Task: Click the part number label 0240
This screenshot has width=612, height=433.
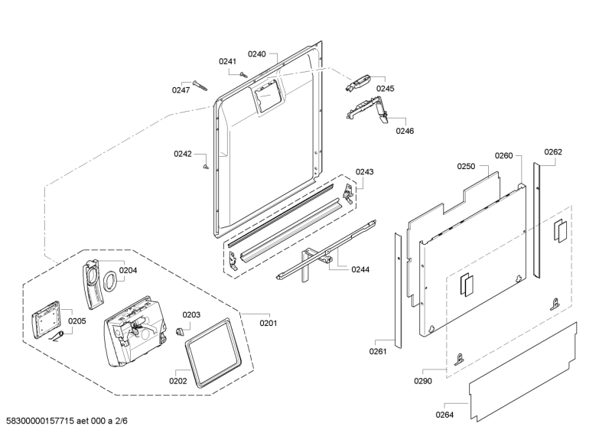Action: [x=257, y=54]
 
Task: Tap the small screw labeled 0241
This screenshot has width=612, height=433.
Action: [x=243, y=73]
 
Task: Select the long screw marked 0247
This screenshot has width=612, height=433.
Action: [x=200, y=86]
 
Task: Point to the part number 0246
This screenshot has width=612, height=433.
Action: [x=405, y=131]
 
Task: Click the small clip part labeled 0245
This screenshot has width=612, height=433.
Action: [x=357, y=83]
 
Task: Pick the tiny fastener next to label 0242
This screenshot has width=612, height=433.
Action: [x=206, y=167]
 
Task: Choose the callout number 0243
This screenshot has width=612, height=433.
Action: [x=364, y=172]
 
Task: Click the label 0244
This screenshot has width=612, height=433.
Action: [x=360, y=269]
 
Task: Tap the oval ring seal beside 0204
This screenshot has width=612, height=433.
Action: [x=110, y=282]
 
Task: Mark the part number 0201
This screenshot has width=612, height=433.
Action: [x=269, y=324]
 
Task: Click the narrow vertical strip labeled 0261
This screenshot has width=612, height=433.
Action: [x=398, y=291]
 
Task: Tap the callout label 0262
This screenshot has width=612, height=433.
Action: [x=553, y=152]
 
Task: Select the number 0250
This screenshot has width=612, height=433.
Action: [x=466, y=167]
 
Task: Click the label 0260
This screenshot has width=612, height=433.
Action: [x=503, y=156]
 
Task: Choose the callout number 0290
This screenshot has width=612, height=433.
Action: [x=423, y=381]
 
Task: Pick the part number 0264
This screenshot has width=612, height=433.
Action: [x=444, y=415]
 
